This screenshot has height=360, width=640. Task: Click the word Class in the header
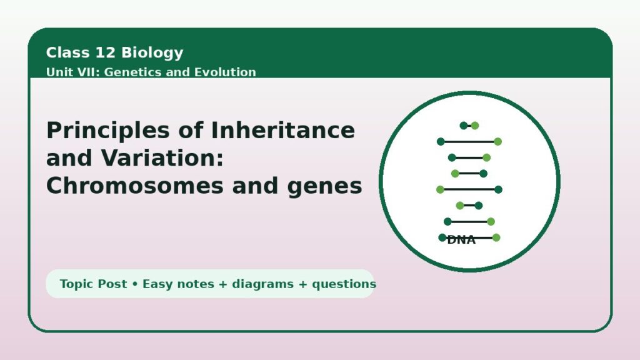(x=67, y=52)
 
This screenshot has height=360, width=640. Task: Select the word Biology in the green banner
(x=152, y=53)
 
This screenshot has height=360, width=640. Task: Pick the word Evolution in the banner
(x=225, y=72)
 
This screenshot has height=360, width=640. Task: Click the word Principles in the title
(x=108, y=131)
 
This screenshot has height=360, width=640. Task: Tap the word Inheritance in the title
(x=283, y=130)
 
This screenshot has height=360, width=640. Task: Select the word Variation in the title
(x=162, y=158)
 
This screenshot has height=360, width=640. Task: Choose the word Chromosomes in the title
(x=135, y=186)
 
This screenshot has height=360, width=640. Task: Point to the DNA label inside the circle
(x=461, y=240)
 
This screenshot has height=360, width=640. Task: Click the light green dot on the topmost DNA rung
(x=475, y=126)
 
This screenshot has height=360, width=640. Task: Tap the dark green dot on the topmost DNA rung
(x=464, y=126)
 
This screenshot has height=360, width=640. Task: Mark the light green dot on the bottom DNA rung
(x=496, y=237)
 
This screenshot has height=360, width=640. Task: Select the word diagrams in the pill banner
(x=263, y=284)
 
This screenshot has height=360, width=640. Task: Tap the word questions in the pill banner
(x=344, y=284)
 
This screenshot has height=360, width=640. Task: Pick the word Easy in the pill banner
(x=157, y=284)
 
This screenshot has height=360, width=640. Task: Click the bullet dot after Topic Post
(x=135, y=284)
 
